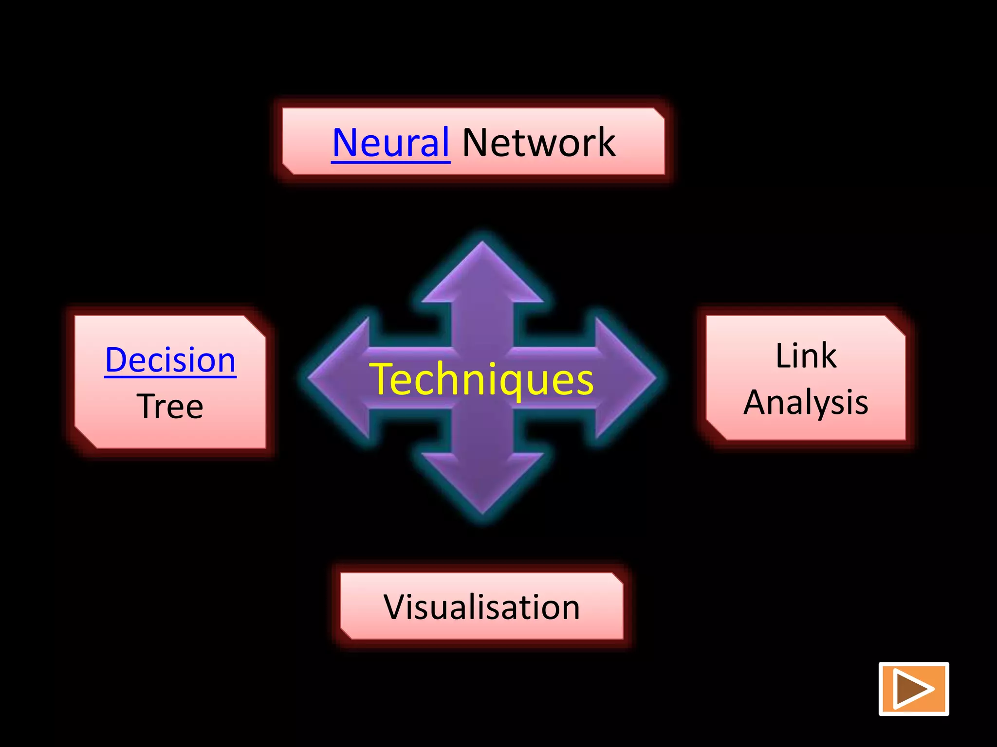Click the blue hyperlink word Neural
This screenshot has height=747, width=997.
point(390,142)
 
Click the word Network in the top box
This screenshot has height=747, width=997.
point(539,142)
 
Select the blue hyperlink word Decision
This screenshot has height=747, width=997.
point(170,360)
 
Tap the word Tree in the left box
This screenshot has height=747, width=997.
point(170,407)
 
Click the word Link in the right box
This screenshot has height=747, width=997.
point(806,356)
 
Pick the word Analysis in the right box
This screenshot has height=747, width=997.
point(806,403)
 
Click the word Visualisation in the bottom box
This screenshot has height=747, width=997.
point(481,607)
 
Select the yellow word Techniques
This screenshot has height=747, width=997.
point(481,379)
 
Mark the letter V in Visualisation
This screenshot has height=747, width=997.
point(395,607)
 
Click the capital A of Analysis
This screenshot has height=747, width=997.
point(756,403)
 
